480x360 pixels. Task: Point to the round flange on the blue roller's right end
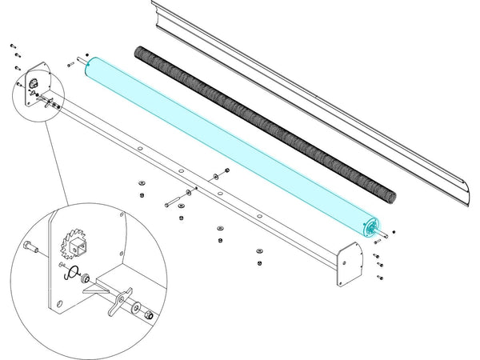tap(370, 228)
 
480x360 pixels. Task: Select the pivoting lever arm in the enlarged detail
tap(118, 300)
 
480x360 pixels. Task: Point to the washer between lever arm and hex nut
tap(137, 308)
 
